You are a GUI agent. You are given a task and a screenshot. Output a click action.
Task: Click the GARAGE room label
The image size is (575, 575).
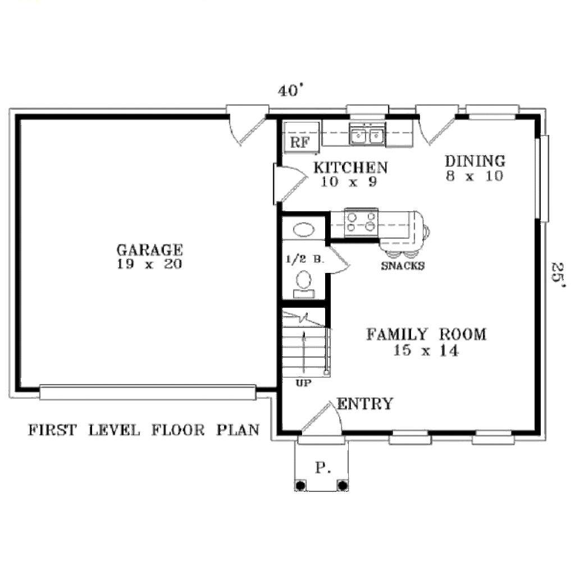[149, 249]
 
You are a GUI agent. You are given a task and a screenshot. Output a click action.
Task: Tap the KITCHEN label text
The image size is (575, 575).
[350, 167]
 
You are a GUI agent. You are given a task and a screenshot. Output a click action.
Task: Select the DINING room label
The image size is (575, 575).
[475, 161]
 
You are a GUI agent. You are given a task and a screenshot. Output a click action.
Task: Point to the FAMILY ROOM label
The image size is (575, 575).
[426, 335]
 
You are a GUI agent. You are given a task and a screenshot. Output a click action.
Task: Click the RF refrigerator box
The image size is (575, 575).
[300, 142]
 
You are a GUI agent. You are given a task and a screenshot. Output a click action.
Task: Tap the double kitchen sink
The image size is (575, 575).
[367, 135]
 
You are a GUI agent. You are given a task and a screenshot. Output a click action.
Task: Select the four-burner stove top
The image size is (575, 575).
[361, 221]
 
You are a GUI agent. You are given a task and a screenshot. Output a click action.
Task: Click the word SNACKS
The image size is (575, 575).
[403, 266]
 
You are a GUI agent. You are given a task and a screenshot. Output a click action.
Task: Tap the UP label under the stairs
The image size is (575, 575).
[303, 384]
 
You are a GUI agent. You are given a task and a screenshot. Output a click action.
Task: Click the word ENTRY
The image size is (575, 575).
[365, 404]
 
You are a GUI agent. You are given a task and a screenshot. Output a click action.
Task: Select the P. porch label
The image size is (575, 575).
[322, 468]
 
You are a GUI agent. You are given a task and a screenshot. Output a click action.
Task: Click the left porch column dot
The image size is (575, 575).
[300, 485]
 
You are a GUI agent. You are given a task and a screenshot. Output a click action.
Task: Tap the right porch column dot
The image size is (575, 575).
[342, 485]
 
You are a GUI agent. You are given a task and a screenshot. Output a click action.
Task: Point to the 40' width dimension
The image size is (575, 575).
[291, 90]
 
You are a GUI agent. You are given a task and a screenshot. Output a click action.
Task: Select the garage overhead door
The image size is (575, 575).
[148, 393]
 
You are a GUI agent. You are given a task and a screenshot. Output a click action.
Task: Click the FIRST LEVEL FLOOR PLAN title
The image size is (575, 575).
[144, 430]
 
